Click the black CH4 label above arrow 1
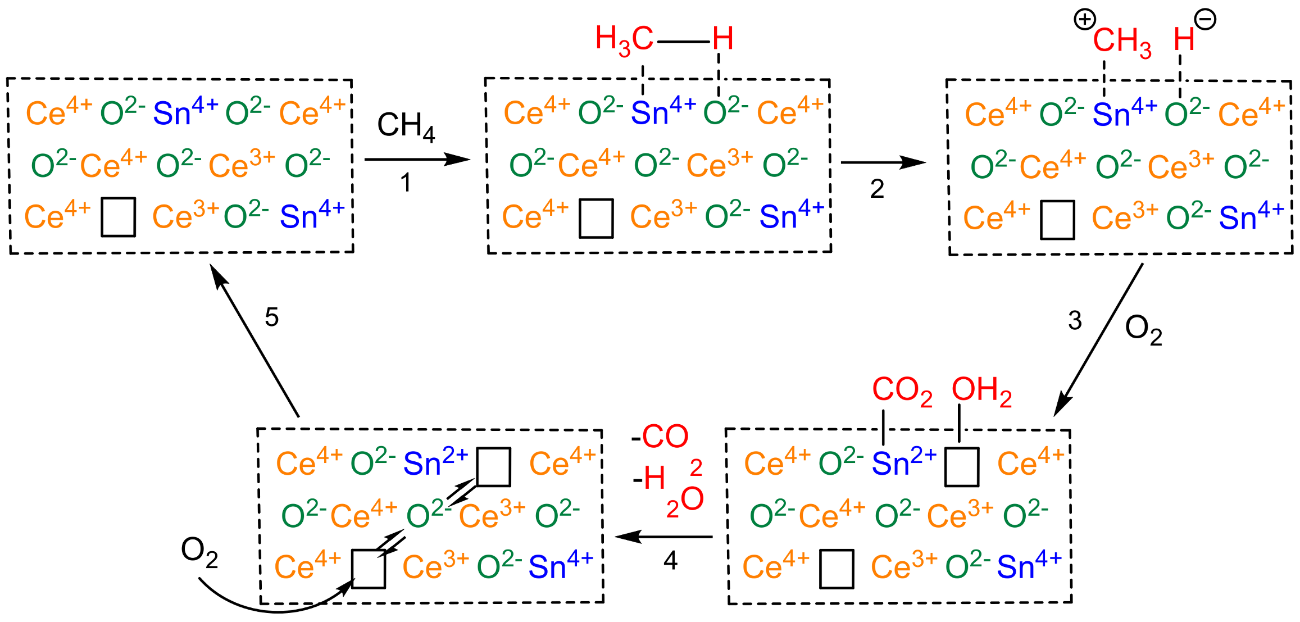tap(406, 126)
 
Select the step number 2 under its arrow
tap(877, 189)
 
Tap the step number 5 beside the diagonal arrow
tap(272, 317)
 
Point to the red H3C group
tap(624, 40)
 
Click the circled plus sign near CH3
tap(1084, 20)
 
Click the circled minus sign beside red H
tap(1205, 20)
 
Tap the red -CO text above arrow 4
tap(660, 437)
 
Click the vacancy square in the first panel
tap(118, 217)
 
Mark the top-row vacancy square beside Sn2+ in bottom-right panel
tap(962, 466)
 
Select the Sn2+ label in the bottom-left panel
tap(435, 463)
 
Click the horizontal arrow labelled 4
tap(664, 537)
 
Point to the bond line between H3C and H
tap(683, 42)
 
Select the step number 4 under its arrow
tap(670, 561)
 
